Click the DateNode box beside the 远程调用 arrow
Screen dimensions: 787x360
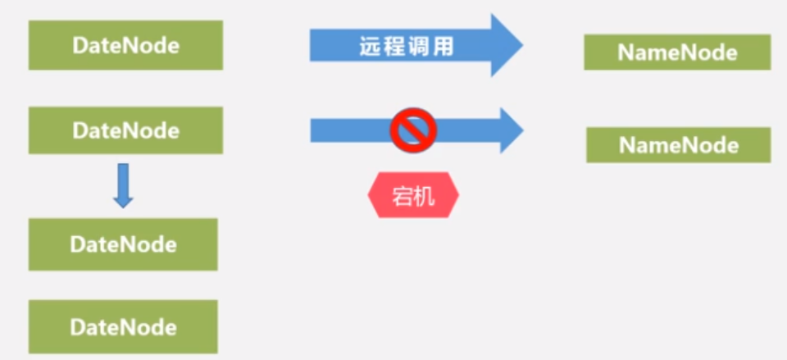coord(125,46)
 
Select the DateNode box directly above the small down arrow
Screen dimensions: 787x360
coord(125,130)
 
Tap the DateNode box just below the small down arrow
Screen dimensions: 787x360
coord(123,244)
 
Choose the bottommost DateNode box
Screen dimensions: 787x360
coord(123,327)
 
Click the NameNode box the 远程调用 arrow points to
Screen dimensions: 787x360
coord(677,52)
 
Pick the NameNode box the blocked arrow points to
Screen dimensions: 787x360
coord(679,145)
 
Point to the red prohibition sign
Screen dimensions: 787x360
coord(412,130)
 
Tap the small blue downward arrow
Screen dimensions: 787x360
coord(123,185)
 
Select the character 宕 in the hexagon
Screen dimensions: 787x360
coord(403,196)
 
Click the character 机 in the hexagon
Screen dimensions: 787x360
coord(424,196)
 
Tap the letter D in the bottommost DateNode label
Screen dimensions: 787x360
coord(76,327)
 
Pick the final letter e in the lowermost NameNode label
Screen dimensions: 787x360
coord(732,146)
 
